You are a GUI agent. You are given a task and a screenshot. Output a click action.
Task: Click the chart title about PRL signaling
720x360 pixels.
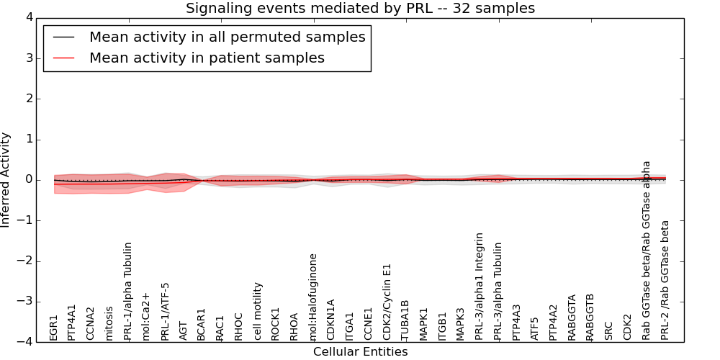(x=360, y=9)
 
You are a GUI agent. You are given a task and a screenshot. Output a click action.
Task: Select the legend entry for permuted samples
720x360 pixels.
(x=227, y=37)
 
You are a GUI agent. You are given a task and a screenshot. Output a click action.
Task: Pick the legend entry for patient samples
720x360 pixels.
(x=207, y=58)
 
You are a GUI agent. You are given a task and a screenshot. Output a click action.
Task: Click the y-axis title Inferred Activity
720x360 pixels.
(x=6, y=180)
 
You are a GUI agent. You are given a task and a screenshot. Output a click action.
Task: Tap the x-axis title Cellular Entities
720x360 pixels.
(x=360, y=352)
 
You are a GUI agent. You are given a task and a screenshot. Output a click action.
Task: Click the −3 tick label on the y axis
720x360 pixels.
(x=31, y=302)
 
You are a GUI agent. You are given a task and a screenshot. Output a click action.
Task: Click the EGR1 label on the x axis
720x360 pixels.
(x=53, y=327)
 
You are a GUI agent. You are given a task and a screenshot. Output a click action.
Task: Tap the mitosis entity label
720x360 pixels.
(x=109, y=323)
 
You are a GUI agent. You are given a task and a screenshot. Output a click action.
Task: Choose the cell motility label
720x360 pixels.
(x=257, y=311)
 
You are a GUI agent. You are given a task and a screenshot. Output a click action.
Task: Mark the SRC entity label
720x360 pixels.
(x=608, y=330)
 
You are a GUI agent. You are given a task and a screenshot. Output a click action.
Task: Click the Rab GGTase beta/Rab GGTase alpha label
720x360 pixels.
(x=646, y=250)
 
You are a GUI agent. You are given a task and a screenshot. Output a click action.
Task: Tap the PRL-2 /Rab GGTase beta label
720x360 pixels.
(x=665, y=280)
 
